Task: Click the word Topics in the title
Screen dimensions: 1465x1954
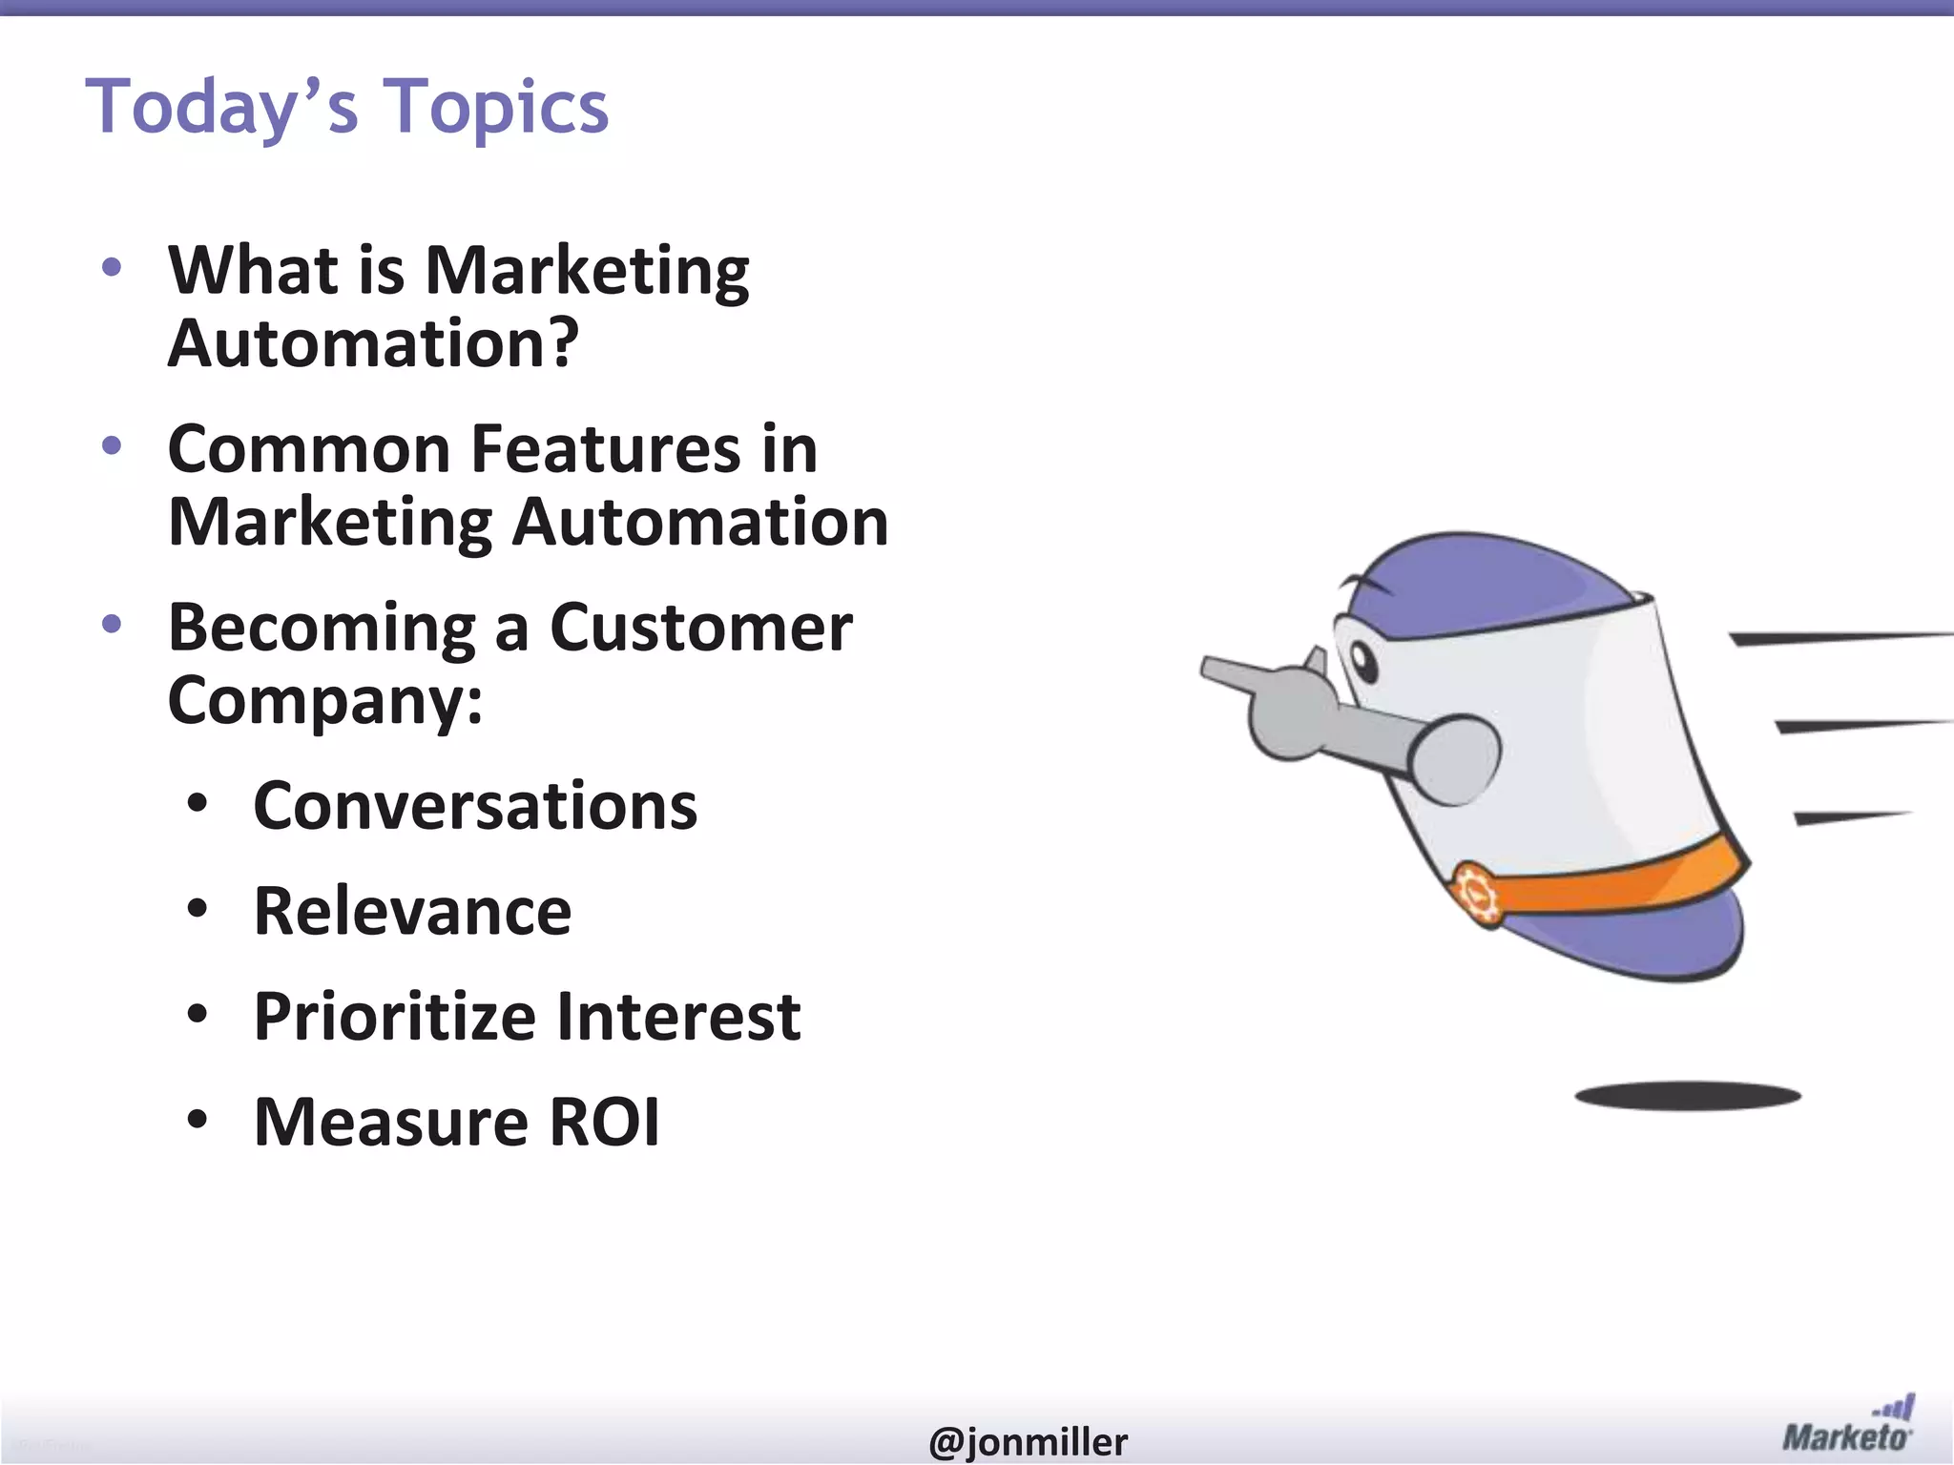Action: click(495, 107)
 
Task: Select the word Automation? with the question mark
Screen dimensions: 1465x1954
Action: click(373, 343)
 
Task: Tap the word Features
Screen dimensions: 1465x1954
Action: click(605, 448)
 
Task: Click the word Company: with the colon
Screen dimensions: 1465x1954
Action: click(324, 700)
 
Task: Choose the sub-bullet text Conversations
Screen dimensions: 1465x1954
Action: click(475, 806)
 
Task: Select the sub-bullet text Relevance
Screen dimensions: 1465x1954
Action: click(412, 911)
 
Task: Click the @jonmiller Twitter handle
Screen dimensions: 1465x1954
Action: click(1027, 1441)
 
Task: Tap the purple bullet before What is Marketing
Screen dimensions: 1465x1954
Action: click(112, 266)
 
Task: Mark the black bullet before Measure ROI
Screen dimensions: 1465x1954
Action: click(197, 1120)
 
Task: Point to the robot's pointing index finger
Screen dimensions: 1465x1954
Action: click(1231, 671)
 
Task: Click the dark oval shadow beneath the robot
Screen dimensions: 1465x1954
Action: click(1687, 1096)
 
